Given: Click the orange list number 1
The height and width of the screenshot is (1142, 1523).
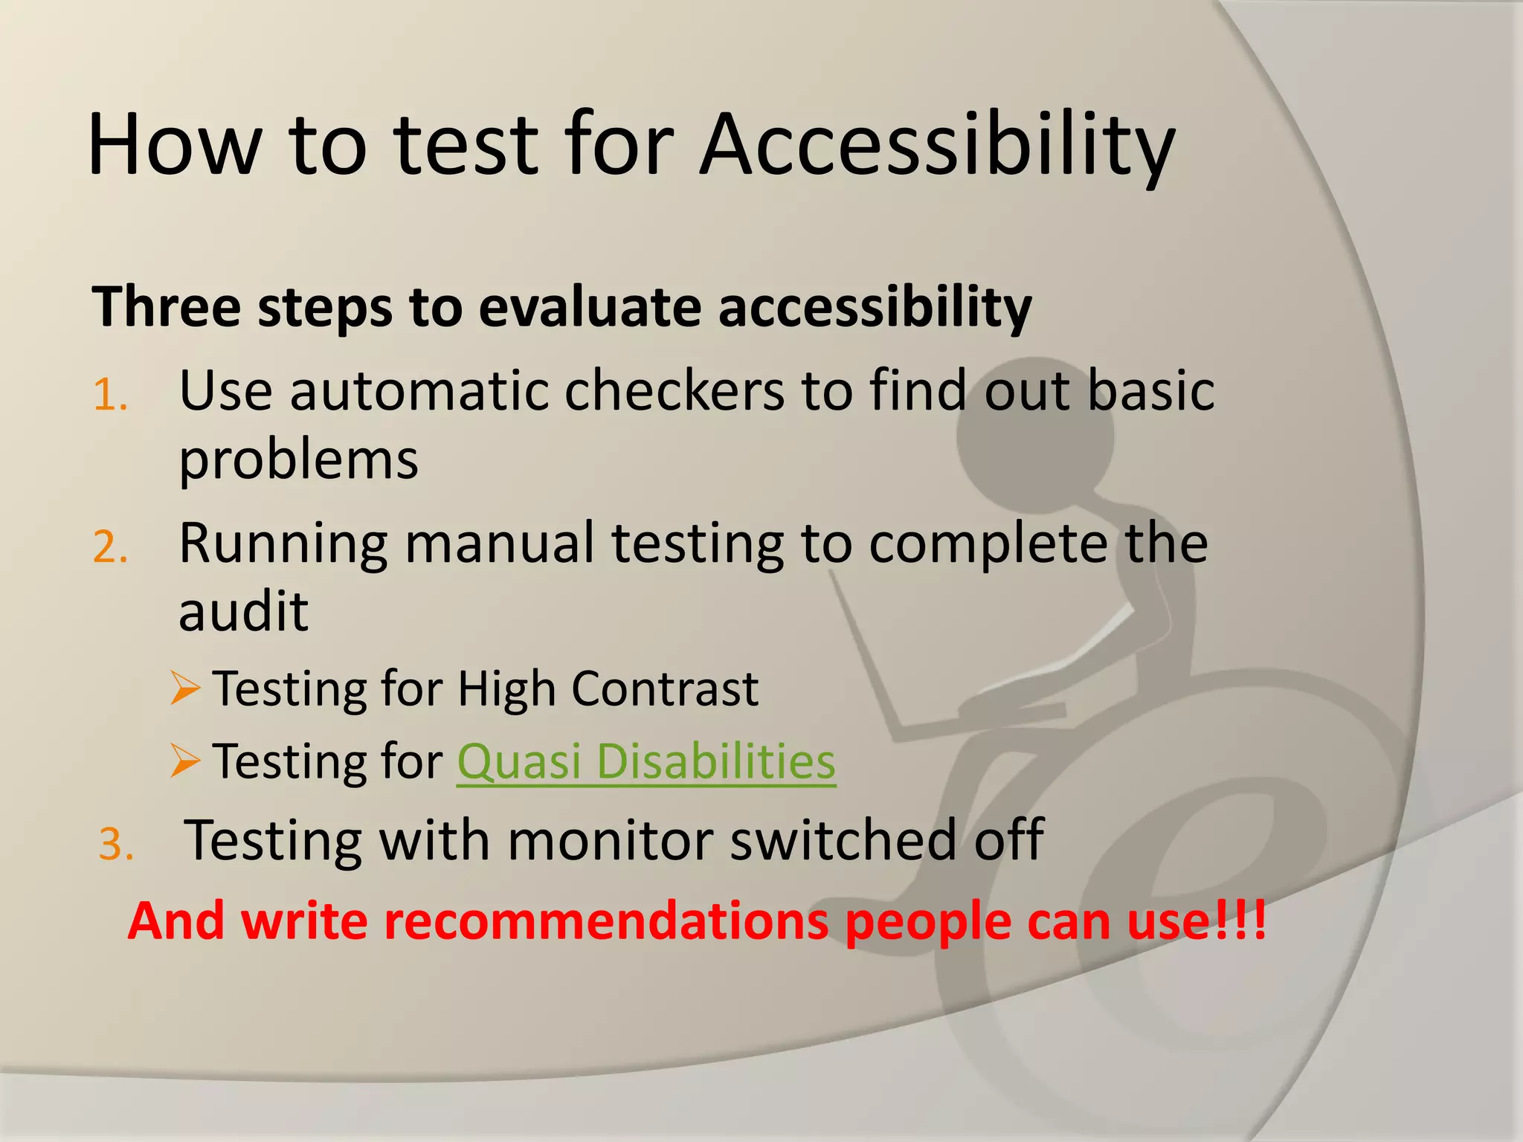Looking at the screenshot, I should tap(110, 396).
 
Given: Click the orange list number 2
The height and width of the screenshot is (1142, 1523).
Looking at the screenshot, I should tap(110, 549).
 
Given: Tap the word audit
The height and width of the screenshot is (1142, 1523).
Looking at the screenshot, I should tap(243, 611).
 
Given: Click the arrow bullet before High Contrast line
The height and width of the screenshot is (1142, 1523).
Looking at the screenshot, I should tap(185, 688).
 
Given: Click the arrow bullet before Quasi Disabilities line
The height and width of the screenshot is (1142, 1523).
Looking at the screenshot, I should tap(185, 761).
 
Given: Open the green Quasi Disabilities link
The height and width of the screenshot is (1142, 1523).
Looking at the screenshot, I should tap(646, 761).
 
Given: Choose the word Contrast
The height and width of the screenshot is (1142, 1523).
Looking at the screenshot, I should tap(665, 688).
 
